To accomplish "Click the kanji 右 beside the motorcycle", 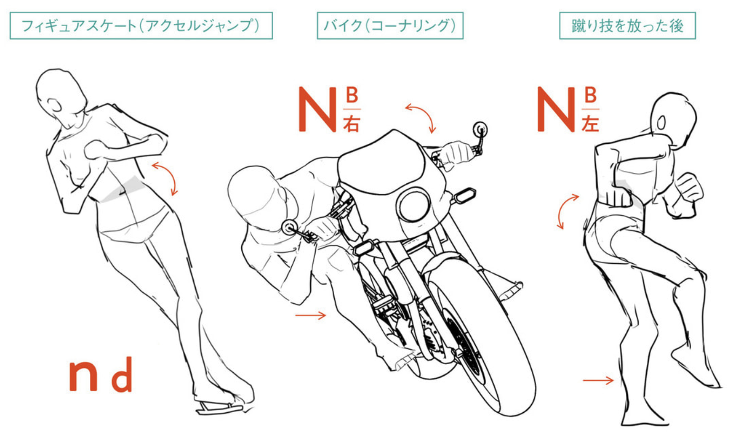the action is [351, 123].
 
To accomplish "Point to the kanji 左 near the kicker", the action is [590, 123].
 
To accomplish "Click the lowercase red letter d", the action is [122, 374].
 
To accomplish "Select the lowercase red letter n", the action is [83, 377].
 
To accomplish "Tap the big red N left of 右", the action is [317, 109].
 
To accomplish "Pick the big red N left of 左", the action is [556, 109].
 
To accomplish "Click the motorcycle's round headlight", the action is [414, 205].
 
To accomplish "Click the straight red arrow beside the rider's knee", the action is [310, 315].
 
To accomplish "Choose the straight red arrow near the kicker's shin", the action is [598, 380].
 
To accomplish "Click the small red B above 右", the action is [352, 95].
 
